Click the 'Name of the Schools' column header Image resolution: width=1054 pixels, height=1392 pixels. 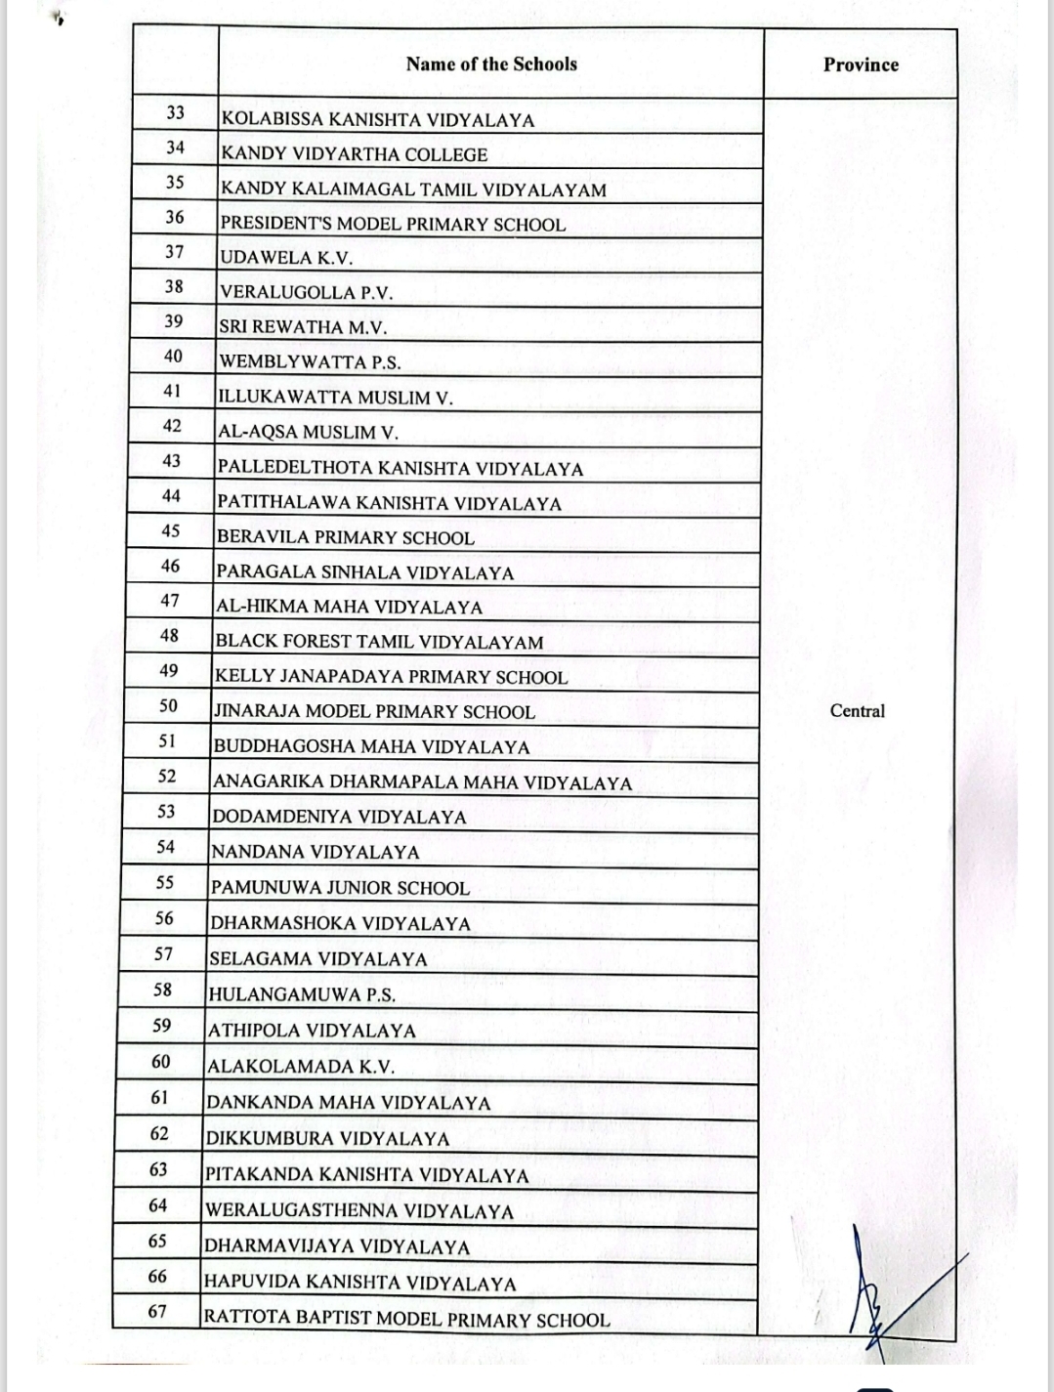(x=491, y=64)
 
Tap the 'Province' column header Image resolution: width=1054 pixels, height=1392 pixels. (x=861, y=65)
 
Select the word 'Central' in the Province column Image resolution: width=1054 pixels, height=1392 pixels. (x=857, y=711)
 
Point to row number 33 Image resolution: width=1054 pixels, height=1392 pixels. (x=175, y=113)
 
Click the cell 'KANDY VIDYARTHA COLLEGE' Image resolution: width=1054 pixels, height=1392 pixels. (x=355, y=154)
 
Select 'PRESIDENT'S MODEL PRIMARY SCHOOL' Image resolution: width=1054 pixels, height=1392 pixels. (x=393, y=224)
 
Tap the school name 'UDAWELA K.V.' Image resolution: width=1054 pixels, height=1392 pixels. (x=287, y=258)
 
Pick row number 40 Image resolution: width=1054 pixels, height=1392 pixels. (x=173, y=357)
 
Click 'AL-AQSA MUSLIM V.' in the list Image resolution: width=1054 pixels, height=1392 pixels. (x=308, y=432)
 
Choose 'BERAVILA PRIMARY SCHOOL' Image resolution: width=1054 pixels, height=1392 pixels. (x=346, y=537)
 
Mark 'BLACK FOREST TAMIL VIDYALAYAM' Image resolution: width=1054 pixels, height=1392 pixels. (x=379, y=642)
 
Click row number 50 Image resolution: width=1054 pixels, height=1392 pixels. (x=169, y=705)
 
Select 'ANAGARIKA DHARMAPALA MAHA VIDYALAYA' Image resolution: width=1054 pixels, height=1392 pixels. (x=422, y=782)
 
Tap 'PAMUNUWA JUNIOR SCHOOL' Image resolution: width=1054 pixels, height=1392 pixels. (x=340, y=888)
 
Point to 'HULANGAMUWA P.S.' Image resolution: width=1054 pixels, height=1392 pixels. (x=302, y=995)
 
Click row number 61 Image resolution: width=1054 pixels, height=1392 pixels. (x=160, y=1097)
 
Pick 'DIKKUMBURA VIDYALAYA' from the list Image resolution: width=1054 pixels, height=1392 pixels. (x=327, y=1138)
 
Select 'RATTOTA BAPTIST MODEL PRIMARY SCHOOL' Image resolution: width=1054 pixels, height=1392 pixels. (x=406, y=1319)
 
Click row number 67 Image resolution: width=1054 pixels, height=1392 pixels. (x=157, y=1312)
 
